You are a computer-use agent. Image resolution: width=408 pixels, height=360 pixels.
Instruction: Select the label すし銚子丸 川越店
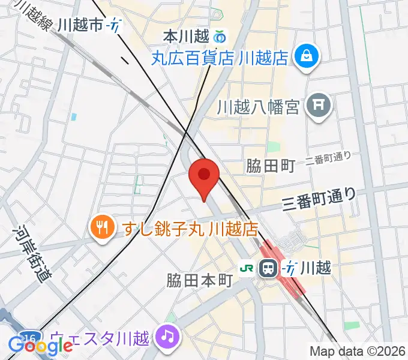[191, 228]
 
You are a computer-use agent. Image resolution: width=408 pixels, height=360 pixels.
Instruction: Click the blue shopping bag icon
[307, 56]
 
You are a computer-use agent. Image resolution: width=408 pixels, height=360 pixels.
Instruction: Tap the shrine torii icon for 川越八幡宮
[319, 107]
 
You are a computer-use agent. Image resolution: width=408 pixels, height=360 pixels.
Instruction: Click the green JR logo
[246, 268]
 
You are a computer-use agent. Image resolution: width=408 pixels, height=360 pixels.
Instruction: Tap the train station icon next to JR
[268, 268]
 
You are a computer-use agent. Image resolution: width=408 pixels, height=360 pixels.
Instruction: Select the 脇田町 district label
[270, 166]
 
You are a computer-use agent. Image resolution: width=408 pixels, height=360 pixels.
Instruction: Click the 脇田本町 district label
[199, 280]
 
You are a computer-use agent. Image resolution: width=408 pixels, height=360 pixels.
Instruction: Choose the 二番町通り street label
[328, 158]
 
